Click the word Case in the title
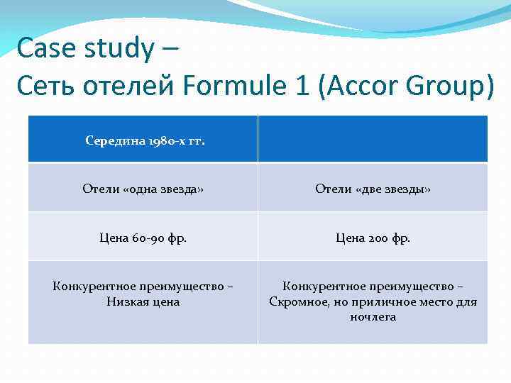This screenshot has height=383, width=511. point(42,49)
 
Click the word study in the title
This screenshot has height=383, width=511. point(116,50)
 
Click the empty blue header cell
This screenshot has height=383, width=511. point(373,139)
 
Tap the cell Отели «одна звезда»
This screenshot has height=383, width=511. point(143,189)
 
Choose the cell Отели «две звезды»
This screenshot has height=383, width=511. point(373,189)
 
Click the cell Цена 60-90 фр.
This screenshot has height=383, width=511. point(143,238)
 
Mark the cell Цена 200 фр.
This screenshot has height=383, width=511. point(373,238)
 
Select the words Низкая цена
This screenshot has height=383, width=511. point(143,301)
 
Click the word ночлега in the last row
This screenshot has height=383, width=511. point(373,316)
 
